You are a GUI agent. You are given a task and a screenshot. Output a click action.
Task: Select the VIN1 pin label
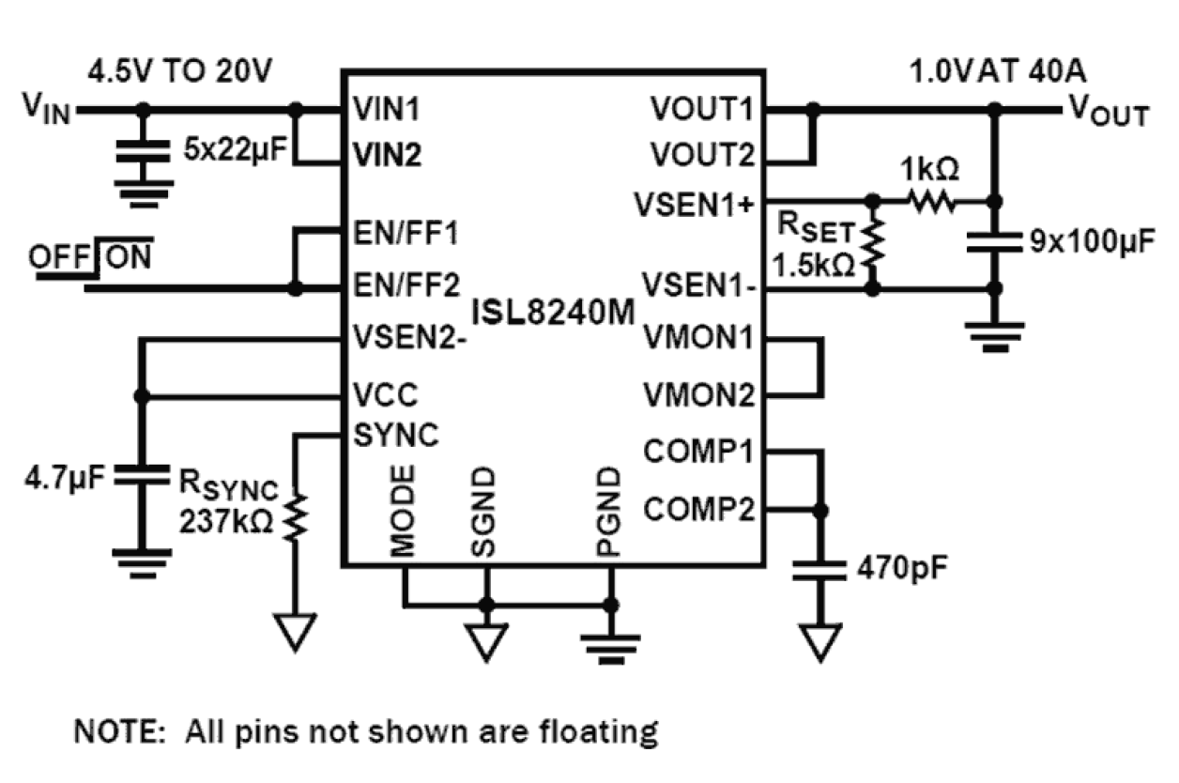(387, 110)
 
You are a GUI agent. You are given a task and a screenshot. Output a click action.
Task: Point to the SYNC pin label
(395, 435)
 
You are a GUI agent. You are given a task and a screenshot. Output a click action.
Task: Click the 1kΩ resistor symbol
(930, 201)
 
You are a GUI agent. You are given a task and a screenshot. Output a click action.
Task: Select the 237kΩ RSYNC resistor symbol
(296, 517)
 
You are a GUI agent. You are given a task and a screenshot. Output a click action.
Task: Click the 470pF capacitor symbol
(821, 571)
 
